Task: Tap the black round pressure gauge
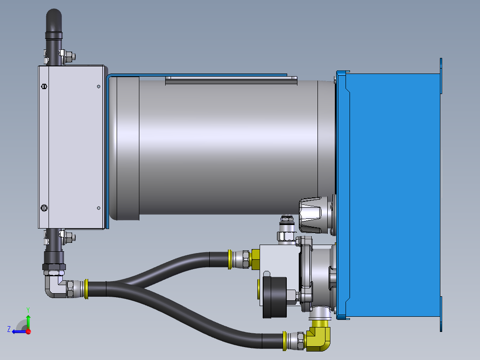[273, 297]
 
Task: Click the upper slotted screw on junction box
[44, 86]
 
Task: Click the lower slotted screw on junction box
[44, 208]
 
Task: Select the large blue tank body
[394, 192]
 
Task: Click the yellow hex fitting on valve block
[256, 259]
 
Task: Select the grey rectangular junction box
[70, 147]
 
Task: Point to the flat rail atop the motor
[231, 80]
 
